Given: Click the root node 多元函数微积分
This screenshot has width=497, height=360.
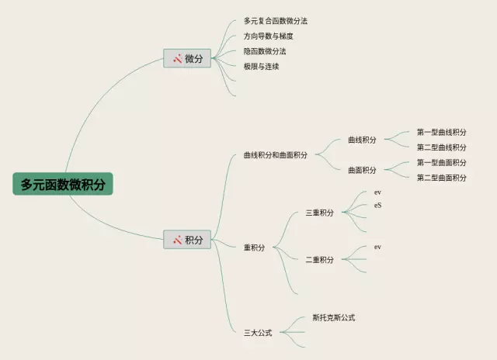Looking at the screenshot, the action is click(63, 184).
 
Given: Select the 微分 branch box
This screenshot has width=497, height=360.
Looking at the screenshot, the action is click(187, 58).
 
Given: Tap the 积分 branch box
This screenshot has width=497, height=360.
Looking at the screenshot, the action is click(187, 240).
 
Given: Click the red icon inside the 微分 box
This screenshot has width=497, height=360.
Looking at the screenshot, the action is click(177, 58).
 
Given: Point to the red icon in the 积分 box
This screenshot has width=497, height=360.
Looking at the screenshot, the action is click(177, 240).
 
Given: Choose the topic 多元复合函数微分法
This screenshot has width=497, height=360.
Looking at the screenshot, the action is click(269, 21).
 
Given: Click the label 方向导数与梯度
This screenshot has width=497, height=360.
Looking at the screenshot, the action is click(268, 36).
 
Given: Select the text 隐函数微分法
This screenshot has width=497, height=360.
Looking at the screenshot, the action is click(265, 51).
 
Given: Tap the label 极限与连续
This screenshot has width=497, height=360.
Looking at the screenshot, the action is click(261, 67).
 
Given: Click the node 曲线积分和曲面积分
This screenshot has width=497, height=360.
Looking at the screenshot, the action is click(275, 155).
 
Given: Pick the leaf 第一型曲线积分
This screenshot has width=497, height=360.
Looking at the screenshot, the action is click(442, 132).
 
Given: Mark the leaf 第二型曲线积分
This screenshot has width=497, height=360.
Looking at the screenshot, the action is click(442, 147).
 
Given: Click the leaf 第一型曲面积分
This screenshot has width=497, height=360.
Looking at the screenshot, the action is click(442, 163).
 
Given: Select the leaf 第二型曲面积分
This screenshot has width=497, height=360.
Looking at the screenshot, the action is click(442, 178).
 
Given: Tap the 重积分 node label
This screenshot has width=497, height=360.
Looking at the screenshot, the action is click(254, 248).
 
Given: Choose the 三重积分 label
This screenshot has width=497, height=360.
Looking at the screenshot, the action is click(319, 213).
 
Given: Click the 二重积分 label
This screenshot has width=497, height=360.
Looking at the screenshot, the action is click(319, 260).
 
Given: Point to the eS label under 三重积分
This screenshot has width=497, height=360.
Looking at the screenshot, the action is click(378, 206).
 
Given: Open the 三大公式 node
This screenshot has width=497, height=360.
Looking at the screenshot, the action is click(258, 333).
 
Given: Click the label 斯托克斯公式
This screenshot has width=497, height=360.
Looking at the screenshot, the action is click(334, 317).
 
